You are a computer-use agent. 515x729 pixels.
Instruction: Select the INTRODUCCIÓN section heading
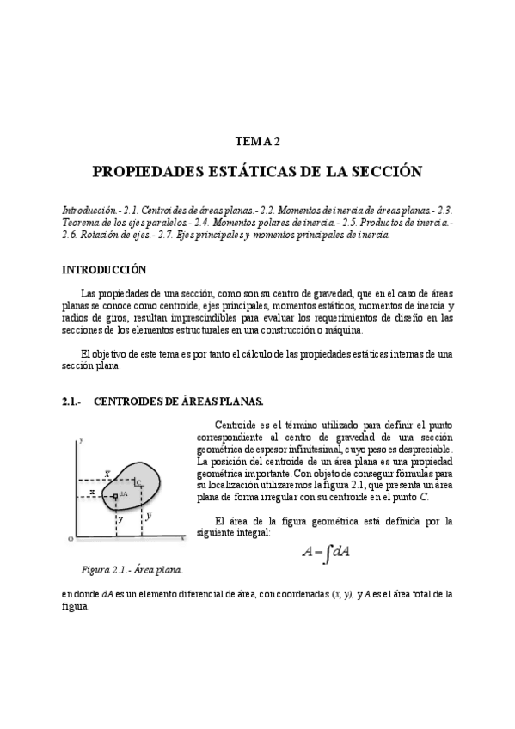click(104, 269)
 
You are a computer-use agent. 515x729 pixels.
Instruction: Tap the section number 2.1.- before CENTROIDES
click(71, 401)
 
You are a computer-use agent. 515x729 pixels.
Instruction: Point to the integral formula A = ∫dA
click(325, 554)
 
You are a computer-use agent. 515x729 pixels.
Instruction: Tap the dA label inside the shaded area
click(124, 494)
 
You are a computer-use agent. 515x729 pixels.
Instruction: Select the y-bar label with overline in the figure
click(149, 516)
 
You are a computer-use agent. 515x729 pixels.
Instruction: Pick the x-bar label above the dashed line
click(107, 473)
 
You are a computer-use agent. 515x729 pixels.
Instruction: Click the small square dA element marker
click(115, 496)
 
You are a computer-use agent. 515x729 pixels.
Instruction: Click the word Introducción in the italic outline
click(90, 210)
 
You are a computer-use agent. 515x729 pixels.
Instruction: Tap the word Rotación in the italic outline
click(101, 234)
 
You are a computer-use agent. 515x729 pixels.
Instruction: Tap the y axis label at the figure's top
click(80, 440)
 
